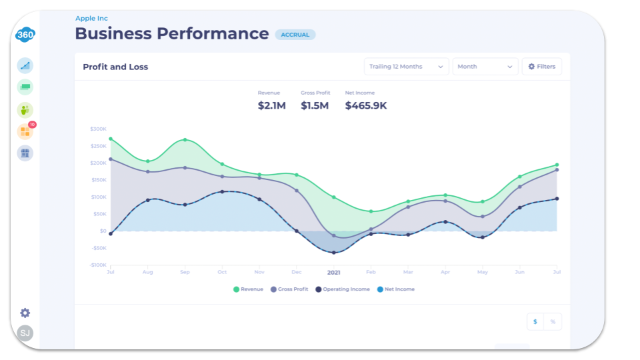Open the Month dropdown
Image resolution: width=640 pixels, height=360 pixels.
click(x=485, y=67)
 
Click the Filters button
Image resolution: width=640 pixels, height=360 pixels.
click(x=541, y=67)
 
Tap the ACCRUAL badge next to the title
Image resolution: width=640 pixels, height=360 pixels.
click(x=295, y=35)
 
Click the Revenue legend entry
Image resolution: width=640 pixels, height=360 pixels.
click(x=248, y=289)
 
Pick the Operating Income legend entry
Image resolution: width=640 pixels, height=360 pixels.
click(x=342, y=289)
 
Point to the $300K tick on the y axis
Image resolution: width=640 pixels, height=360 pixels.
click(x=98, y=129)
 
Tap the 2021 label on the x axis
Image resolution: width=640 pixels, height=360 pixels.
click(x=333, y=272)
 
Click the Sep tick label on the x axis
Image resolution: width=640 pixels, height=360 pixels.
click(x=185, y=272)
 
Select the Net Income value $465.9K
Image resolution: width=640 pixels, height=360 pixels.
click(x=365, y=105)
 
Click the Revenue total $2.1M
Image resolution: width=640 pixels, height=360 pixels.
click(x=271, y=105)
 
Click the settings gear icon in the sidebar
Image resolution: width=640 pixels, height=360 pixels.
click(x=25, y=313)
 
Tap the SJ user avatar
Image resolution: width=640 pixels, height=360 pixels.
click(x=25, y=333)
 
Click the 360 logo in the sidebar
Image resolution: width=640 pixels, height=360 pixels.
click(x=25, y=35)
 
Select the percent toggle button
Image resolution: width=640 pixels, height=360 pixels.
click(x=552, y=321)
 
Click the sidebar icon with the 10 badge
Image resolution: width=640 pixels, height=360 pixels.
click(x=25, y=131)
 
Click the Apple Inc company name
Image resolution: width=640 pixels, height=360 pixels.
click(x=91, y=18)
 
